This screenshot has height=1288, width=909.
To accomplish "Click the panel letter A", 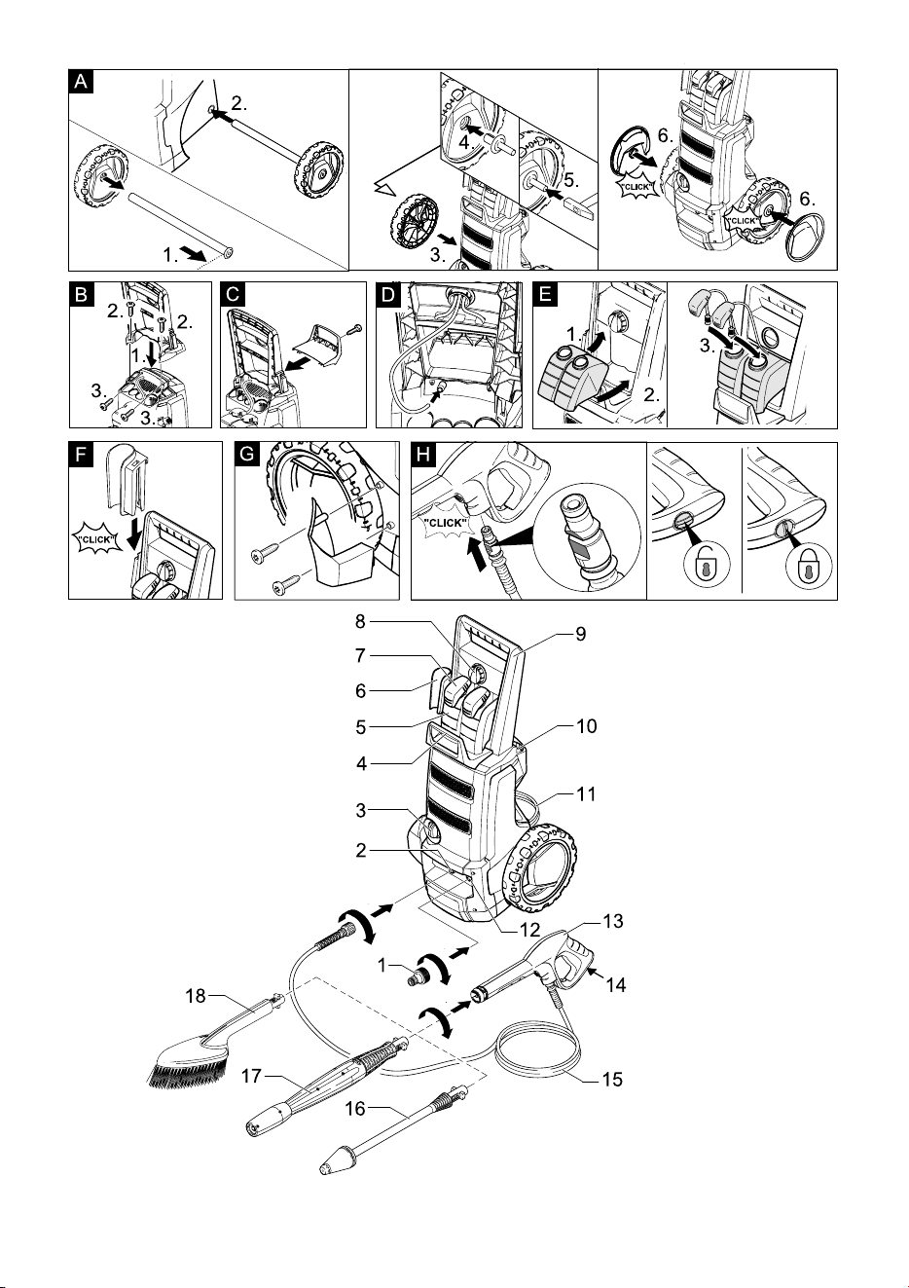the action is tap(81, 82).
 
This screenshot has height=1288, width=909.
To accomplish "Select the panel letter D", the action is tap(388, 294).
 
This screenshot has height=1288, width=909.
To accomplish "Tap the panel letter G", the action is tap(246, 455).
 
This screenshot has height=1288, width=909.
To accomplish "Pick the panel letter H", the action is tap(423, 455).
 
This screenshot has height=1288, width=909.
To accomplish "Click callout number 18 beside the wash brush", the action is tap(196, 995).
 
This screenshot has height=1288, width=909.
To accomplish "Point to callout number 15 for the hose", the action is tap(612, 1080).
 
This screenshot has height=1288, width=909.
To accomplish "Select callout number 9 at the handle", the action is tap(581, 634).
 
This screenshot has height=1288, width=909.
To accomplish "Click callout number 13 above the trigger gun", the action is tap(613, 921).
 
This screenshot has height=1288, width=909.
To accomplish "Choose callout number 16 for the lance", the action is tap(355, 1108).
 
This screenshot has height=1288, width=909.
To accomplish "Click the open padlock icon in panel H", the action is tap(706, 563).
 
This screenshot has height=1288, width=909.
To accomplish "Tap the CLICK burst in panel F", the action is tap(96, 540).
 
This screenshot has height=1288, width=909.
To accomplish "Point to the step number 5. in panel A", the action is tap(570, 180).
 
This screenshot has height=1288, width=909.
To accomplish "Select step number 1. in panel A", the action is tap(170, 255).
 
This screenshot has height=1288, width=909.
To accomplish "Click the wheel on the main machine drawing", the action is tap(539, 866).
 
